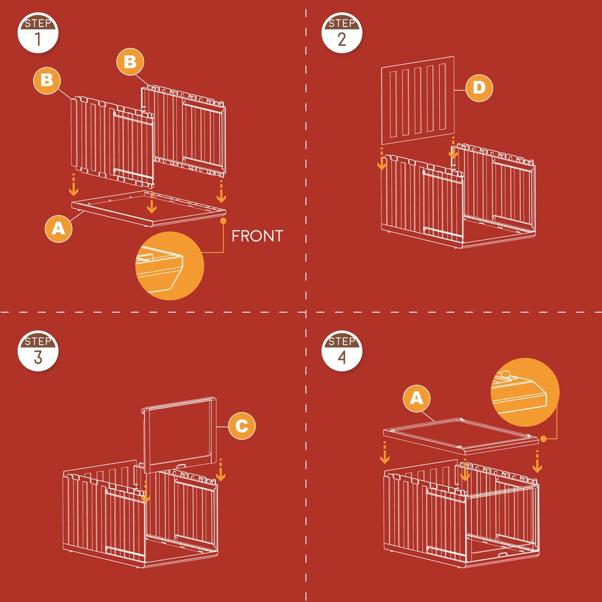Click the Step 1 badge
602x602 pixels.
(38, 33)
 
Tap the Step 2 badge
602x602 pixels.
(342, 33)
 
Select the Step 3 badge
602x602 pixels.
(38, 351)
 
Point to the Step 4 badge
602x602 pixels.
(342, 351)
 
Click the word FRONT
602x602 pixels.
(257, 236)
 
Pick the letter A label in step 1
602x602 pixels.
(58, 229)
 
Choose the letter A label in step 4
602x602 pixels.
(417, 399)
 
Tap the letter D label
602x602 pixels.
(479, 88)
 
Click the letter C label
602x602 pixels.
(242, 426)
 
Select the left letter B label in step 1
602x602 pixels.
(47, 81)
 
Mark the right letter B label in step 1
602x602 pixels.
(130, 61)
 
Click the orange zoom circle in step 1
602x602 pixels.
(170, 266)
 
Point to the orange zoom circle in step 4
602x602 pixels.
(525, 392)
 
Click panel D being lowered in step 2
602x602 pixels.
(418, 101)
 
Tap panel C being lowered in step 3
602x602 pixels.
(180, 436)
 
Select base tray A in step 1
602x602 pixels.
(149, 209)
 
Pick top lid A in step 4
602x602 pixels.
(461, 436)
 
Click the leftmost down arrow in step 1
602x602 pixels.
(73, 185)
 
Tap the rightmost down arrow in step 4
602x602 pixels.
(537, 461)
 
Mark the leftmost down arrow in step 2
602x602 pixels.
(382, 158)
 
